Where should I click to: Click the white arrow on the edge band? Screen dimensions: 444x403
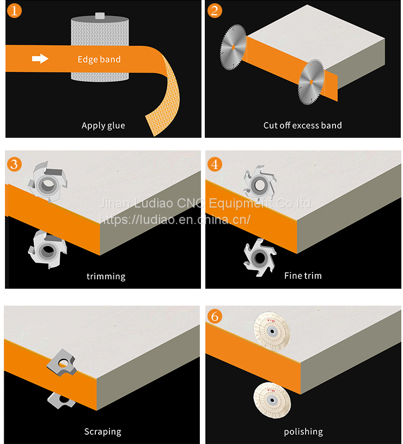point(40,59)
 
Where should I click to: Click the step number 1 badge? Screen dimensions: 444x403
point(15,10)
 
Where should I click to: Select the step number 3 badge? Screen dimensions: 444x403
point(15,163)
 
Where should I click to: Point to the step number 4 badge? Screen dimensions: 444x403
point(215,163)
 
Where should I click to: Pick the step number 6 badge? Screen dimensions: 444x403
point(215,317)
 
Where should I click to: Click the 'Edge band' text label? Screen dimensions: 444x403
point(99,59)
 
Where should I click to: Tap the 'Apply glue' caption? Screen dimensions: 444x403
point(103,125)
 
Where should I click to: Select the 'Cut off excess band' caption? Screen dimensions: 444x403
point(303,125)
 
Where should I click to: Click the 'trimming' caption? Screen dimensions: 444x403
point(106,276)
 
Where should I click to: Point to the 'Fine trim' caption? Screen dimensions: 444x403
point(303,276)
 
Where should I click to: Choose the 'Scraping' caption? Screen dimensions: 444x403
point(102,431)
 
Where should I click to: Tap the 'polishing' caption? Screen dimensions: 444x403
point(303,431)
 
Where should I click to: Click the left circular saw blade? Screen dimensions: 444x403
point(233,46)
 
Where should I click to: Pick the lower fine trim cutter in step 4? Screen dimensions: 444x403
point(257,253)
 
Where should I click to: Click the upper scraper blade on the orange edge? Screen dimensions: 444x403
point(62,364)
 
